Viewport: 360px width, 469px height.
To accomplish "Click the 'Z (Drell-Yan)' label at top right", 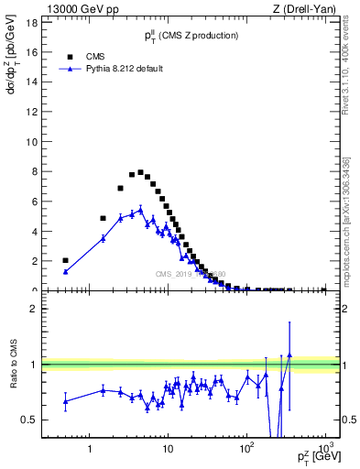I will (x=309, y=9).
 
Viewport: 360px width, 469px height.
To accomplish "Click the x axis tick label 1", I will (x=90, y=451).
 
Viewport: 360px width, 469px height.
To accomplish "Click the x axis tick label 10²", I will (x=246, y=450).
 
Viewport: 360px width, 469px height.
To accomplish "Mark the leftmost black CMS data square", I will (x=66, y=260).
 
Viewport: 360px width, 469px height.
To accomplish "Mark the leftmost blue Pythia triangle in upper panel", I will (x=66, y=271).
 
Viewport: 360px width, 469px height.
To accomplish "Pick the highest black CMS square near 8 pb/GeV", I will (x=140, y=172).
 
